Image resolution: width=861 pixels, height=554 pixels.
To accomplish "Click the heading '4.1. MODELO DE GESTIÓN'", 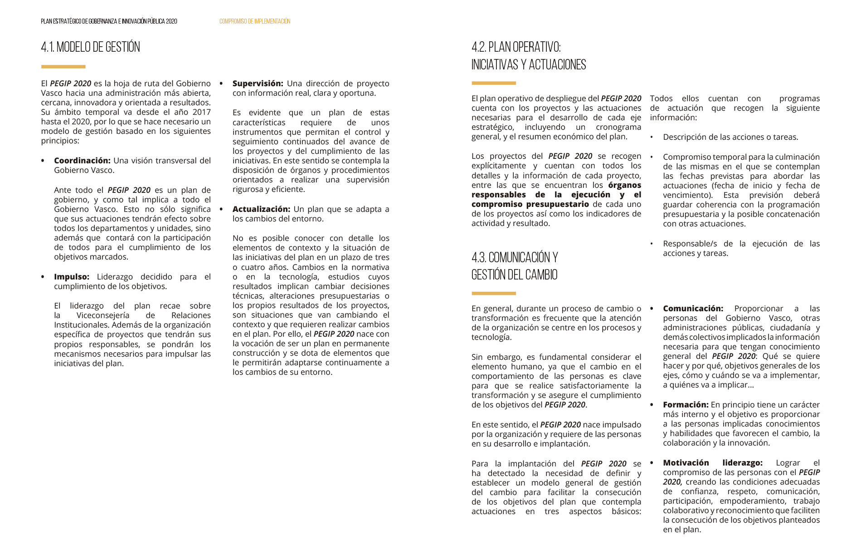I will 90,47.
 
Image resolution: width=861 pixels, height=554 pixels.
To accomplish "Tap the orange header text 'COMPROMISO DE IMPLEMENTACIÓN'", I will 255,21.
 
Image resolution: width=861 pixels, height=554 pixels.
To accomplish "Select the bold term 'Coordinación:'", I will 82,161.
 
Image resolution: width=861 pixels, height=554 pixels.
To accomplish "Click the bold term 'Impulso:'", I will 72,277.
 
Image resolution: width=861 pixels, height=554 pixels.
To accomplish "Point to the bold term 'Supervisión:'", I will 258,83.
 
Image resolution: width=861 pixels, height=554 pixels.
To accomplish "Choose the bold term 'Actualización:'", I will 261,209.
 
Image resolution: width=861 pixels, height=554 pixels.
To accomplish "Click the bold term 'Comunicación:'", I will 693,309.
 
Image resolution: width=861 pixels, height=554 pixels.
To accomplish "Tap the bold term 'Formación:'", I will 686,405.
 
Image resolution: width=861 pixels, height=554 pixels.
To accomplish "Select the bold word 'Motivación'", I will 686,463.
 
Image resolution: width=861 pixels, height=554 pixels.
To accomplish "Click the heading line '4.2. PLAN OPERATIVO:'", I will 516,47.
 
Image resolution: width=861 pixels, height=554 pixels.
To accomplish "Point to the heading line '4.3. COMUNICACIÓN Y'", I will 515,258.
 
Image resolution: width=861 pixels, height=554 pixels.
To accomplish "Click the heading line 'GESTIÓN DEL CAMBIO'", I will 514,275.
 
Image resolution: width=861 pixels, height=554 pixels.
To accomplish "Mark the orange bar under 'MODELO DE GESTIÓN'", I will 63,67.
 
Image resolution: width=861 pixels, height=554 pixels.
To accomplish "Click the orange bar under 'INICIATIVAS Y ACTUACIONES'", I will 493,83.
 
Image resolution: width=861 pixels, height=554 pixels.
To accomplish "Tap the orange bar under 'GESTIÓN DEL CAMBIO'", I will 493,294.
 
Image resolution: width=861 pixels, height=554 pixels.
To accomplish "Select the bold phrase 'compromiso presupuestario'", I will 530,204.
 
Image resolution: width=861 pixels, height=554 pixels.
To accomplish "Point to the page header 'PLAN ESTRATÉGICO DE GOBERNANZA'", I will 109,21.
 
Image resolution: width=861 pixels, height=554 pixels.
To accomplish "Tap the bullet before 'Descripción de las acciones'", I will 652,137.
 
